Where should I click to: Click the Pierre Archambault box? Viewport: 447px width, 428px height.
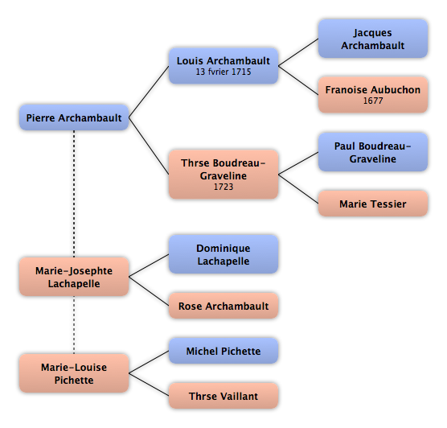(x=74, y=117)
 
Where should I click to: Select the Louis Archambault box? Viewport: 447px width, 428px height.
(x=223, y=66)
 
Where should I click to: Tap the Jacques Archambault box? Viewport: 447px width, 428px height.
(x=372, y=39)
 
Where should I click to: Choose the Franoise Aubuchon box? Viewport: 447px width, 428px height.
(x=372, y=94)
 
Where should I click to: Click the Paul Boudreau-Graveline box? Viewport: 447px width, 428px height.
(x=372, y=152)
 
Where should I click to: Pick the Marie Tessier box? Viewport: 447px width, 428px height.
(x=372, y=204)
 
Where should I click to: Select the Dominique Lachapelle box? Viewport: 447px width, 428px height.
(x=223, y=254)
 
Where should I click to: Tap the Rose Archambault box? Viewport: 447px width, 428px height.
(x=223, y=306)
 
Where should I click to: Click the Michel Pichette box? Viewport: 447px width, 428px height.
(x=223, y=351)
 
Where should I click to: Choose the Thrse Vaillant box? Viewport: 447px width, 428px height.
(x=223, y=396)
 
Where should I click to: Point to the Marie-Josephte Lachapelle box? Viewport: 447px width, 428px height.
(x=74, y=277)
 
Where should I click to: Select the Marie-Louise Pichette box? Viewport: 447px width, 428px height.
(x=74, y=373)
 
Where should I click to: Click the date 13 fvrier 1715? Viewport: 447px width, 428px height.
(x=223, y=72)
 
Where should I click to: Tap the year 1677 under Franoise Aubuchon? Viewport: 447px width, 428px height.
(x=373, y=101)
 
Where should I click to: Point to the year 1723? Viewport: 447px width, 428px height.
(x=223, y=187)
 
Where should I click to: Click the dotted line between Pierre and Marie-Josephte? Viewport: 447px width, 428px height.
(x=74, y=194)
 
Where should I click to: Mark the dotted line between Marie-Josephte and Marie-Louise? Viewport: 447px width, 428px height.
(x=74, y=325)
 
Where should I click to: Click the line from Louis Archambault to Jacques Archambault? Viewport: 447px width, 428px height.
(x=298, y=52)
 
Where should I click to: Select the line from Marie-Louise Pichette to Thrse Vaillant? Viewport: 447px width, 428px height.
(x=149, y=385)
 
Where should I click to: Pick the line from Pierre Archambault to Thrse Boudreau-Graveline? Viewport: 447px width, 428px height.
(x=149, y=146)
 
